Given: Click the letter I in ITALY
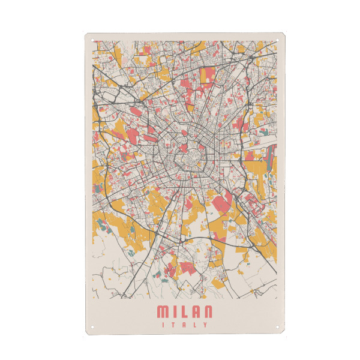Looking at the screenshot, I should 164,325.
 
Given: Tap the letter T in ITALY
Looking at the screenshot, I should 174,325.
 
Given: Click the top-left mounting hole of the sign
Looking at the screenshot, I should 92,41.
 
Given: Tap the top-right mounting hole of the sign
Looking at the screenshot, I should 278,41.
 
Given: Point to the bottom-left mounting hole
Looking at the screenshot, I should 92,327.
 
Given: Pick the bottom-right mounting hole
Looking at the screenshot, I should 278,327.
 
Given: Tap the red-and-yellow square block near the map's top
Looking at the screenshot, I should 207,74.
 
